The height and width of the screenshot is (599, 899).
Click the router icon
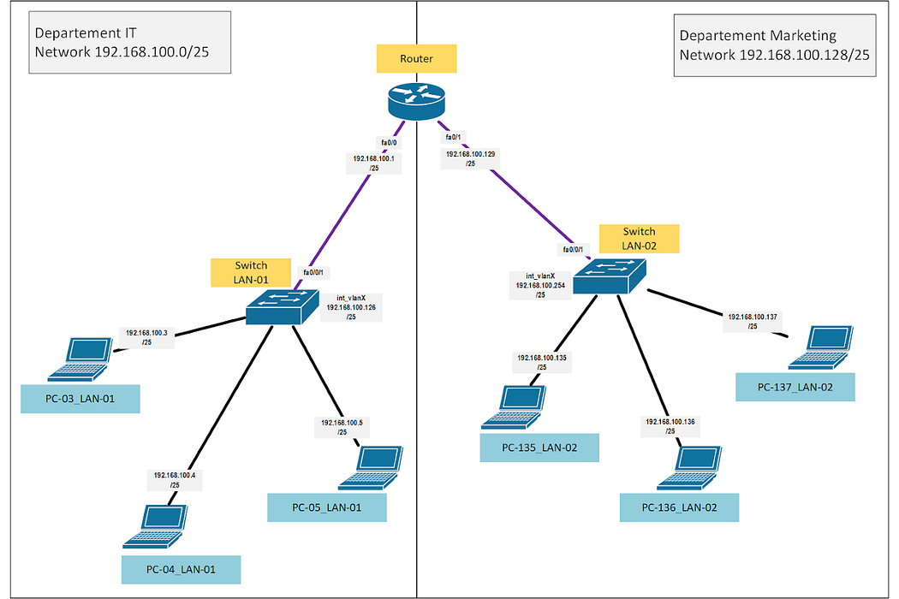click(x=416, y=101)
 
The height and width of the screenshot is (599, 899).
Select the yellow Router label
click(x=416, y=58)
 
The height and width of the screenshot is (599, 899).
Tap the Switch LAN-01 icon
click(x=282, y=306)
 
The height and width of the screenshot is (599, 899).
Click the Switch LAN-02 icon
click(x=610, y=276)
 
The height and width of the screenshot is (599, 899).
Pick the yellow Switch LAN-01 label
click(x=251, y=272)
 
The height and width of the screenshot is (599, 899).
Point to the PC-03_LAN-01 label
click(x=80, y=399)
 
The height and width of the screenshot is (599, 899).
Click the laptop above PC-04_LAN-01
click(x=155, y=526)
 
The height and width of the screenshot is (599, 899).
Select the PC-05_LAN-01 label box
click(x=327, y=507)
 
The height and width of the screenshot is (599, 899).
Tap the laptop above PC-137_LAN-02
click(x=821, y=347)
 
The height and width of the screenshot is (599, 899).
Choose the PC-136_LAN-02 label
click(x=680, y=507)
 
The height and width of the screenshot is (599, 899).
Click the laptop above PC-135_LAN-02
click(x=514, y=407)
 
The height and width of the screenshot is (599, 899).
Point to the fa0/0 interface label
click(x=389, y=142)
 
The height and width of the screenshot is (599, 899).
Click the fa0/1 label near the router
click(x=453, y=137)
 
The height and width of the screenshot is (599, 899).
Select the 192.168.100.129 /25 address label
click(x=470, y=159)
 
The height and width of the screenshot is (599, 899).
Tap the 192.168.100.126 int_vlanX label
click(x=351, y=307)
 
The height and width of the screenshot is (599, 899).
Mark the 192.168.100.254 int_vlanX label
click(x=540, y=286)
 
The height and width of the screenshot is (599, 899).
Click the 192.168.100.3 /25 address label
click(x=146, y=337)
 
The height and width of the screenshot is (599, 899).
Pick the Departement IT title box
click(x=130, y=43)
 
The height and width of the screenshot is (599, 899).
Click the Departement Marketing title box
click(x=775, y=45)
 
